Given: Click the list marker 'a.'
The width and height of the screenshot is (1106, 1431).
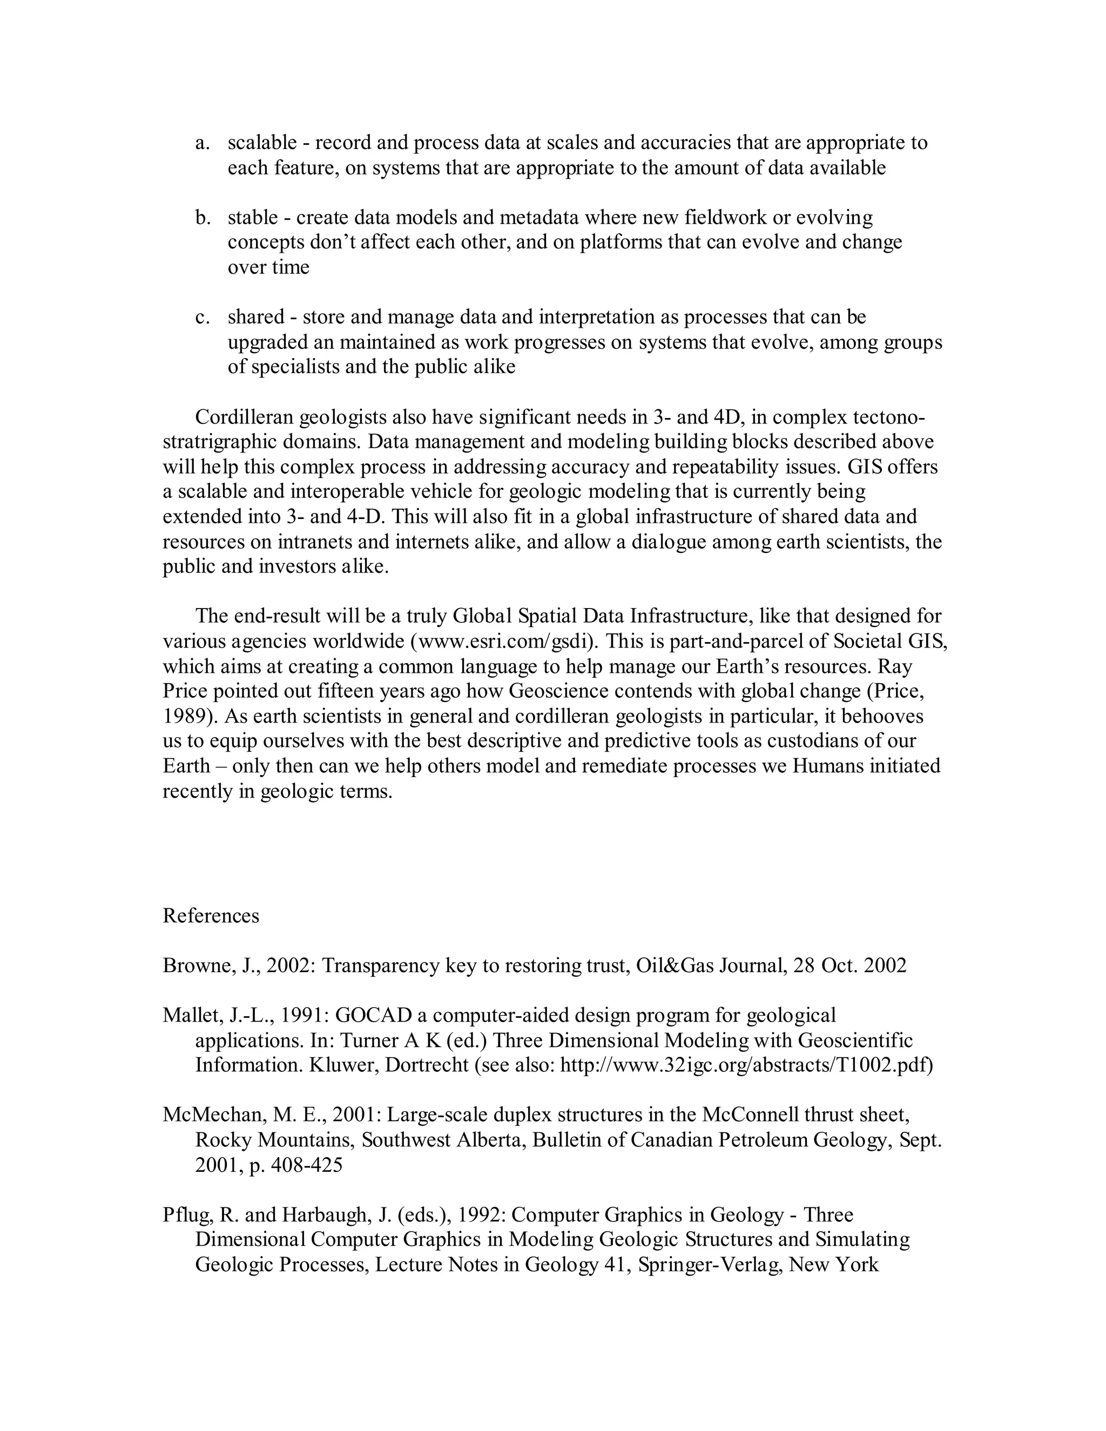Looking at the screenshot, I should [202, 143].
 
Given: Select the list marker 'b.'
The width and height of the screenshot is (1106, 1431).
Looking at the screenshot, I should [203, 218].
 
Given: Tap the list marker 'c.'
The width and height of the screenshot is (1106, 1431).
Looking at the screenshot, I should [203, 317].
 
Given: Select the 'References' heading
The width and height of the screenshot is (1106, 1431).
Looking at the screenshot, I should [211, 915].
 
